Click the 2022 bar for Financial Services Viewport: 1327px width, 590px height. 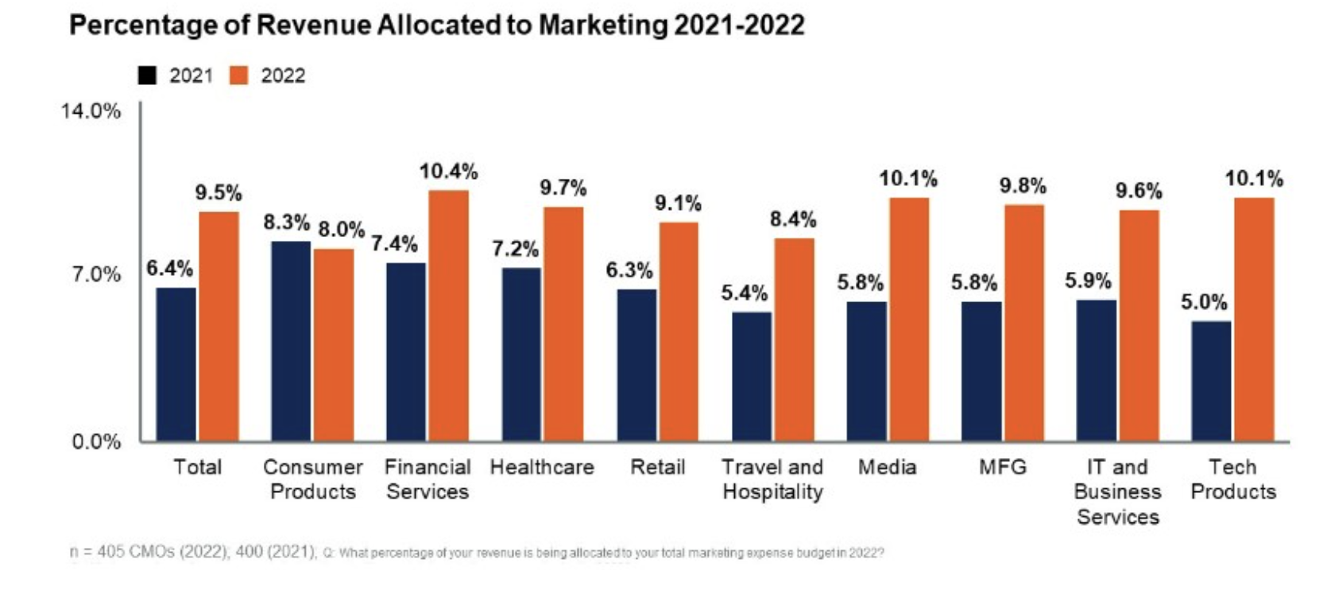tap(448, 316)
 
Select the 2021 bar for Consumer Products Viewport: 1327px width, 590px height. tap(291, 341)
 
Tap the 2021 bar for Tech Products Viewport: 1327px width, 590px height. tap(1211, 381)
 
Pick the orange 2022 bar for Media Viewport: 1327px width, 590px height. tap(908, 319)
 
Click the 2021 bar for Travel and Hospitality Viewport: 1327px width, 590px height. tap(751, 376)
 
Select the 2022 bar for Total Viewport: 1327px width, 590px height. tap(219, 326)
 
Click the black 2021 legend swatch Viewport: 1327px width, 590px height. tap(147, 76)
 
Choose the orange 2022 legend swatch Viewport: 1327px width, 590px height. tap(238, 76)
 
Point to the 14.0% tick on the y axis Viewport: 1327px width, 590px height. tap(91, 111)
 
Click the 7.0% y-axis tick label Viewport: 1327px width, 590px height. tap(96, 275)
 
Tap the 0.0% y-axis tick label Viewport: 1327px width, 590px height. tap(96, 441)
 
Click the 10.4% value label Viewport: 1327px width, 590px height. tap(448, 172)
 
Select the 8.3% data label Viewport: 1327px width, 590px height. tap(287, 223)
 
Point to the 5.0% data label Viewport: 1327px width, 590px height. tap(1204, 302)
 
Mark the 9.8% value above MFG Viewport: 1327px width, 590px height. tap(1023, 186)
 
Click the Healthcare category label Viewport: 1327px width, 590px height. tap(542, 467)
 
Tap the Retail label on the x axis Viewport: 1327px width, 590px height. tap(657, 467)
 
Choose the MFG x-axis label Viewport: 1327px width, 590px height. tap(1002, 467)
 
